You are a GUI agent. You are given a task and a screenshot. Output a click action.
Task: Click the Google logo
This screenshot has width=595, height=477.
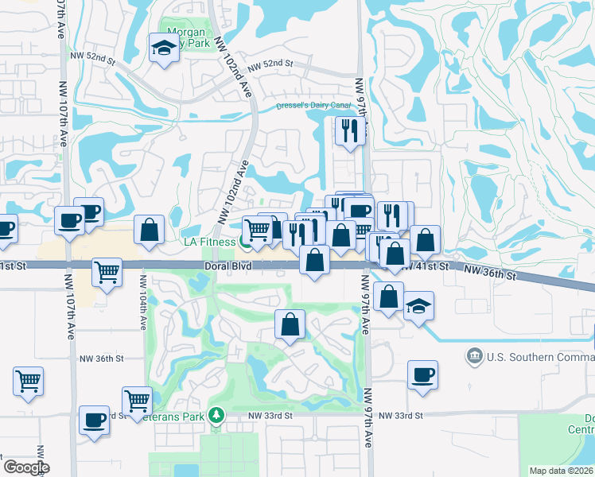(26, 467)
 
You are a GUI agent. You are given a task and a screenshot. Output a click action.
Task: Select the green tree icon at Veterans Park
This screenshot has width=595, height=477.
(216, 415)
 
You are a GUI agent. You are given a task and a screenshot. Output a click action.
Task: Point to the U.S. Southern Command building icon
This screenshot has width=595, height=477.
(475, 353)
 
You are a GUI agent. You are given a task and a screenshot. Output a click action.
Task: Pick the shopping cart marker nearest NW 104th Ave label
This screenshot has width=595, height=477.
(107, 272)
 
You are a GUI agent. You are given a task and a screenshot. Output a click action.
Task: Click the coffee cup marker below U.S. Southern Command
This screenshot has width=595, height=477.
(422, 374)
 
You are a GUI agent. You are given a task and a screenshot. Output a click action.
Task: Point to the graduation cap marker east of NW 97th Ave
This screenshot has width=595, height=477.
(418, 307)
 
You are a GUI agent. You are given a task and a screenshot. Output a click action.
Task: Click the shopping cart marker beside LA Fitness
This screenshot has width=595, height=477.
(256, 231)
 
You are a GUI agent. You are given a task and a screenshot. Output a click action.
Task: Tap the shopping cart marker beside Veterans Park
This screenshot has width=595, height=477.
(137, 400)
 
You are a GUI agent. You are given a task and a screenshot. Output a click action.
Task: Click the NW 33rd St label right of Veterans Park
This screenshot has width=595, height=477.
(270, 416)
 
